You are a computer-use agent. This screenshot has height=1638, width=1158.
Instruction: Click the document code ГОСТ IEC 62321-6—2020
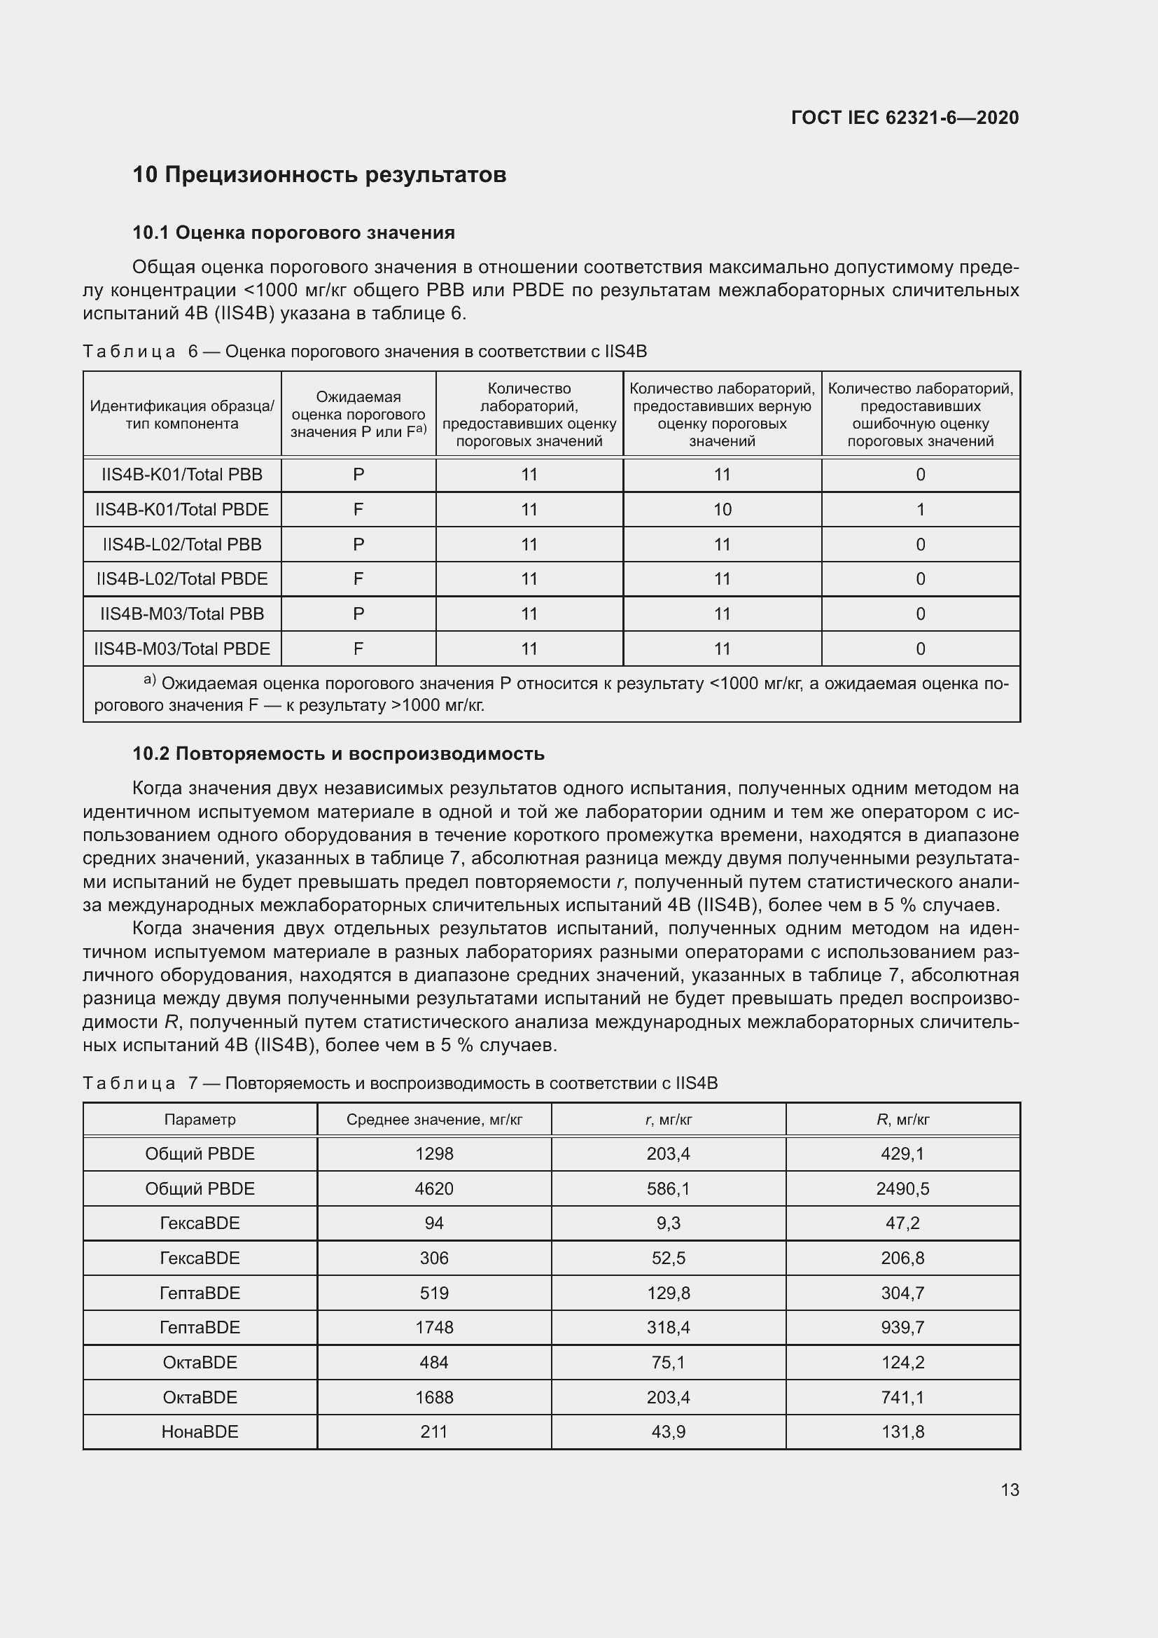(x=905, y=118)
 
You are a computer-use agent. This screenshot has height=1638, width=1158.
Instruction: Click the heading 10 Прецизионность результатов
(x=319, y=175)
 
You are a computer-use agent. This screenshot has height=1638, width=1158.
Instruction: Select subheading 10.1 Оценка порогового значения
(x=294, y=232)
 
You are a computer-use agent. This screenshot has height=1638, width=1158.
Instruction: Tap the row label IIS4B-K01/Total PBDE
(x=182, y=509)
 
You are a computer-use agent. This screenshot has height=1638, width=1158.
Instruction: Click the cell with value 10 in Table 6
(x=722, y=509)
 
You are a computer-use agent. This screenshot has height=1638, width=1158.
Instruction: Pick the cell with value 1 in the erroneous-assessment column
(x=920, y=509)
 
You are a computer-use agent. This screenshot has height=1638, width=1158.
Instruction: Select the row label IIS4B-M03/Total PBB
(x=182, y=613)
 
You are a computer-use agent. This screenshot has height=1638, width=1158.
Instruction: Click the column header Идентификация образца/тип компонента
(x=182, y=415)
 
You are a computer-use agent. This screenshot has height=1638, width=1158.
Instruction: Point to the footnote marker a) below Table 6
(x=149, y=680)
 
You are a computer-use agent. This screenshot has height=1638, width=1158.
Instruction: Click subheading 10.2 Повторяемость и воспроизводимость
(x=339, y=754)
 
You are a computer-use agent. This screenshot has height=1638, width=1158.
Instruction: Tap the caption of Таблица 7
(x=400, y=1083)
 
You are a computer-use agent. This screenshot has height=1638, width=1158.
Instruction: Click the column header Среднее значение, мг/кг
(x=433, y=1119)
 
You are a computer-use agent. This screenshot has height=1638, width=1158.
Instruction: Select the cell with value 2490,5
(x=902, y=1188)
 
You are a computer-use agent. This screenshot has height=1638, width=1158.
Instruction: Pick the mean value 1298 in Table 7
(x=433, y=1153)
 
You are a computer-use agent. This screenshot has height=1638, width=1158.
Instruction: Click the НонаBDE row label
(x=200, y=1432)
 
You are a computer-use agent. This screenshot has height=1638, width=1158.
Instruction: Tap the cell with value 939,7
(x=902, y=1327)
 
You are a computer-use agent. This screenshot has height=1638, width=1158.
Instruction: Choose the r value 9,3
(x=668, y=1223)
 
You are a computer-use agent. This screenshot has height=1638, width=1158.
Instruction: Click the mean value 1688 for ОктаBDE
(x=433, y=1397)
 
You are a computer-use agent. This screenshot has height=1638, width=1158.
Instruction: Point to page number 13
(x=1010, y=1490)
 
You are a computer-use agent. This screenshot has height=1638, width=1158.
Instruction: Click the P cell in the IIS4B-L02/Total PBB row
(x=358, y=544)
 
